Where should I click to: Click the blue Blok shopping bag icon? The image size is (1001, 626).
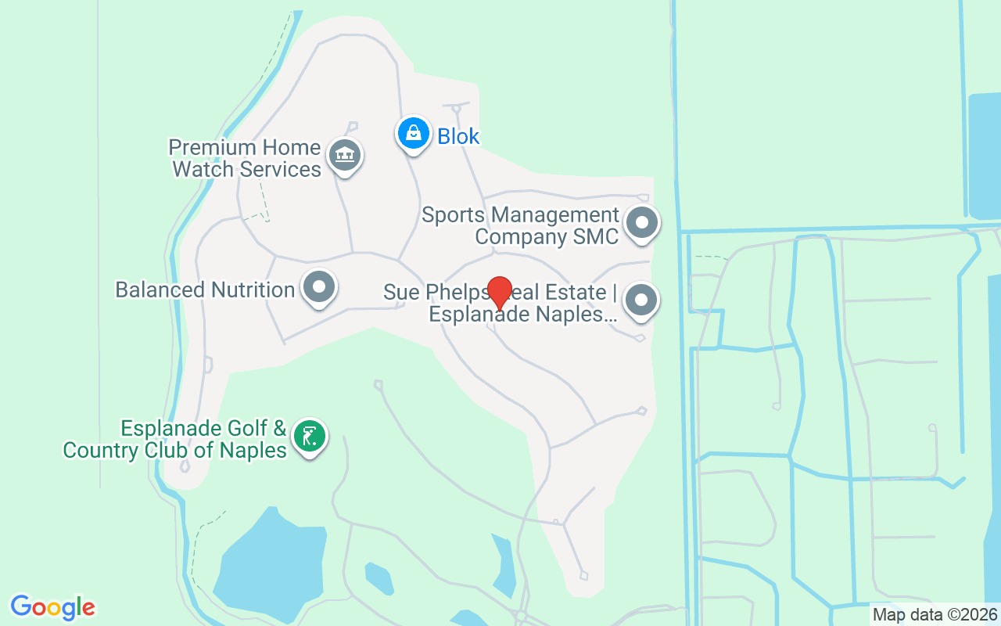tap(413, 134)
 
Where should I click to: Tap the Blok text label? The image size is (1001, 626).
tap(458, 136)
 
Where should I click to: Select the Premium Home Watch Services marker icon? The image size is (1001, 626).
tap(344, 154)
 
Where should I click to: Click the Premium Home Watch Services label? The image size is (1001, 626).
tap(246, 158)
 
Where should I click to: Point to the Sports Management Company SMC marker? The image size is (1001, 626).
tap(642, 222)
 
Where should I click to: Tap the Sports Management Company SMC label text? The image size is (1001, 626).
tap(521, 225)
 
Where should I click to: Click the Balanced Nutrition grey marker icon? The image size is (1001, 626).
tap(318, 286)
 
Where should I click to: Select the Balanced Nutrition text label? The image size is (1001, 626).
tap(205, 290)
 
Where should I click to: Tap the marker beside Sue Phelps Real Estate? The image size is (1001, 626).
tap(642, 299)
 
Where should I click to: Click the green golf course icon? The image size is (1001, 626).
tap(310, 436)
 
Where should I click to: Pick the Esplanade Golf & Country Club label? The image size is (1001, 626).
tap(175, 439)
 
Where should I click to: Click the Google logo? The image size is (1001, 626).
tap(52, 607)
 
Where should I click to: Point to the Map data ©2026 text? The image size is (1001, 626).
tap(935, 615)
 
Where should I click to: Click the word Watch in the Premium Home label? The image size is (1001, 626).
tap(203, 169)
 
